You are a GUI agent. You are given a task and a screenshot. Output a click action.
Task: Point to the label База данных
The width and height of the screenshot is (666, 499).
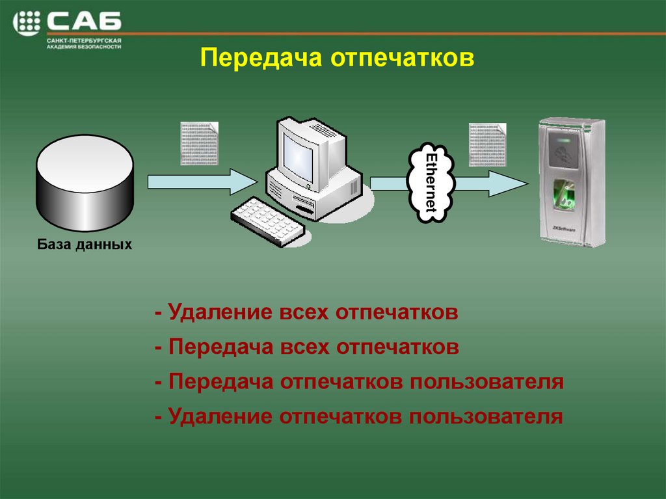coord(85,245)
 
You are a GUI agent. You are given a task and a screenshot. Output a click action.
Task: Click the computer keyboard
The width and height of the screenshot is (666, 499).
coord(268,221)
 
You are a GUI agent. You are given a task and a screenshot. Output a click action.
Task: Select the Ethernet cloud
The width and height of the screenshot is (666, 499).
coord(429,183)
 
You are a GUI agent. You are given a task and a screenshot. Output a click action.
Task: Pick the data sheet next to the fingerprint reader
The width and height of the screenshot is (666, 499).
coord(488,144)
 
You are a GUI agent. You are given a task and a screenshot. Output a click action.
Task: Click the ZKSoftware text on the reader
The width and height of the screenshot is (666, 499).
coord(565,228)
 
